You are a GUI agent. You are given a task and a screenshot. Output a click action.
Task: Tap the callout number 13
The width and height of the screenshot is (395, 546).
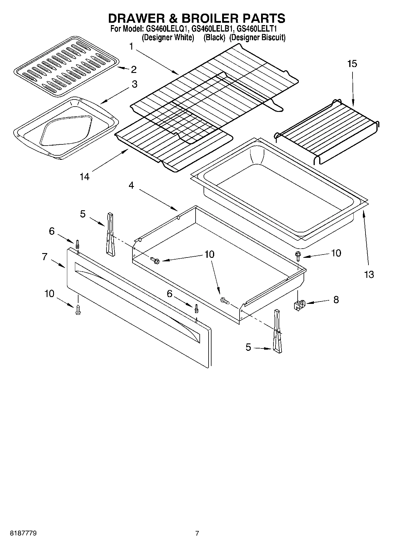(369, 274)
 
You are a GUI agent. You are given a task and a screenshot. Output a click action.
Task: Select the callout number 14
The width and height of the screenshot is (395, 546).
(84, 177)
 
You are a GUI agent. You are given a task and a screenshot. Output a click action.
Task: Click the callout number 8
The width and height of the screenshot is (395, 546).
(336, 300)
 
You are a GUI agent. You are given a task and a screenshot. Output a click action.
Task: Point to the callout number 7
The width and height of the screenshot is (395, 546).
(45, 257)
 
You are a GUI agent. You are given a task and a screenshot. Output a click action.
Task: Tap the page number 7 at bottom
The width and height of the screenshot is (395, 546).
(197, 533)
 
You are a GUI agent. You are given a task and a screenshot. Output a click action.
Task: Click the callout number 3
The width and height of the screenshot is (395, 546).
(134, 84)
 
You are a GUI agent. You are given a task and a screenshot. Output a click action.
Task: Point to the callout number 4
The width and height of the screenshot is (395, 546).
(131, 185)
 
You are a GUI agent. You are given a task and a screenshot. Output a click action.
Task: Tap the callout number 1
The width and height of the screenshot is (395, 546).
(131, 46)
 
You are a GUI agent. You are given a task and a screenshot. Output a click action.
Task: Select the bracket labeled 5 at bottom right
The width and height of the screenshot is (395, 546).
(277, 331)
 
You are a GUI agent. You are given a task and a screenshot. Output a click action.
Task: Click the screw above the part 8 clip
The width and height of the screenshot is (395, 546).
(298, 255)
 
